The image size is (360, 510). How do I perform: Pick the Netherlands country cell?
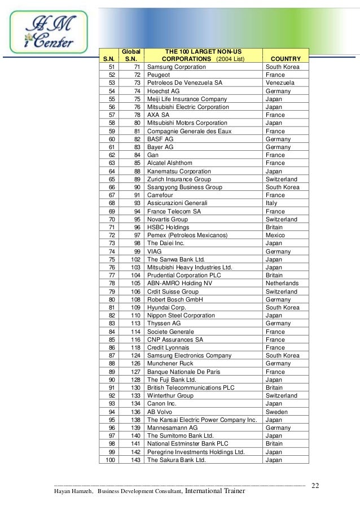(x=283, y=283)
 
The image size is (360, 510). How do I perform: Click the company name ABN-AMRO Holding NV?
(x=179, y=283)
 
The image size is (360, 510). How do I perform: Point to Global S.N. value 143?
(x=135, y=460)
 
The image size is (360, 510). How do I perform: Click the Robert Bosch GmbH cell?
(x=175, y=299)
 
